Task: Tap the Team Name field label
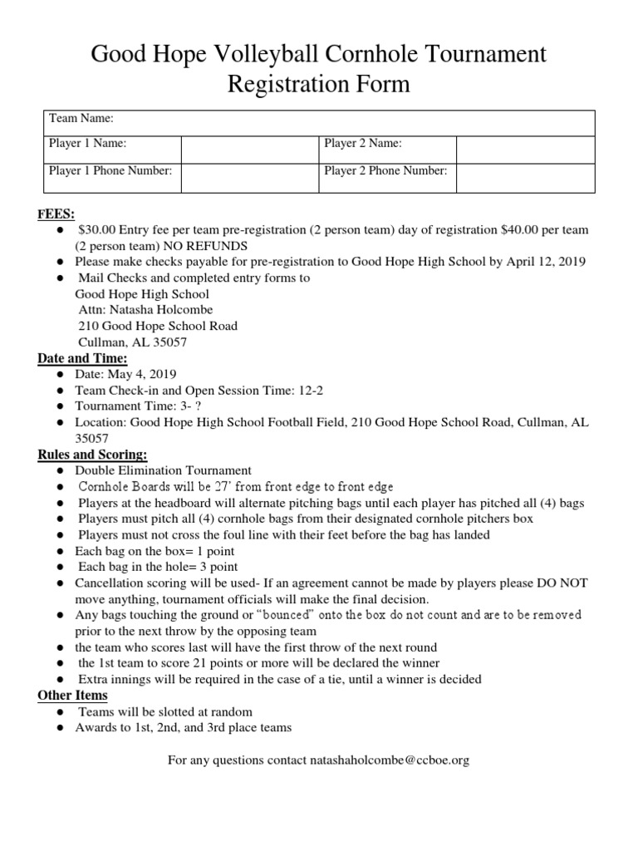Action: point(81,119)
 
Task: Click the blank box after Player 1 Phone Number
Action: point(249,177)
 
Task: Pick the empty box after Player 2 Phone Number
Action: point(524,177)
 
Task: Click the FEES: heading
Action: point(56,214)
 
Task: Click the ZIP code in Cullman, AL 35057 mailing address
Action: point(169,342)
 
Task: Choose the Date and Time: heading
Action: point(82,358)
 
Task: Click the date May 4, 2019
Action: point(140,374)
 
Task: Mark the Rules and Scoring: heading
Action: point(92,455)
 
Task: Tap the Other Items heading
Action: point(72,696)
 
